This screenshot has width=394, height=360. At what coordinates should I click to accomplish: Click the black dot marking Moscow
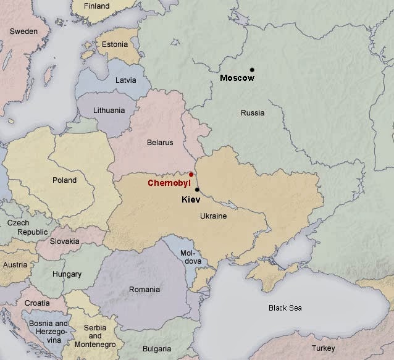point(252,69)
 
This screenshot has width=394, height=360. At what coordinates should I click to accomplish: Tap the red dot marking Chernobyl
point(191,175)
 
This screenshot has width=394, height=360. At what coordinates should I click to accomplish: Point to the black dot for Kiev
point(197,190)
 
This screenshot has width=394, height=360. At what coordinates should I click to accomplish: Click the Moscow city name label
point(237,78)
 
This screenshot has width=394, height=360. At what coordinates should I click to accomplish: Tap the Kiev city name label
point(191,200)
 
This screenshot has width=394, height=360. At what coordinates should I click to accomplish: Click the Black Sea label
point(285,308)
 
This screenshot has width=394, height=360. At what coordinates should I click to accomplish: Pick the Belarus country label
point(160,143)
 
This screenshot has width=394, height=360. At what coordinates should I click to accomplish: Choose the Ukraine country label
point(214,216)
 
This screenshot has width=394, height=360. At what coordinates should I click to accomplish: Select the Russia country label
point(253,113)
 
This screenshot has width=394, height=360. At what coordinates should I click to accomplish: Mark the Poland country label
point(65,180)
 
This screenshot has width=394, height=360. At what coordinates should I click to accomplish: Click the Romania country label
point(143,289)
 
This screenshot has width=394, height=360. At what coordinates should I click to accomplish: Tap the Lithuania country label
point(109,111)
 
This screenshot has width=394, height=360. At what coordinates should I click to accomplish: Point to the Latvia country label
point(126,80)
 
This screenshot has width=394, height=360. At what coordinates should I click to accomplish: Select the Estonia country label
point(115,44)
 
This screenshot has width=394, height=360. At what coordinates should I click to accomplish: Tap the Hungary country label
point(67,274)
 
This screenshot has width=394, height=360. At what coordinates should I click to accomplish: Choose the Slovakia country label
point(64,241)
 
